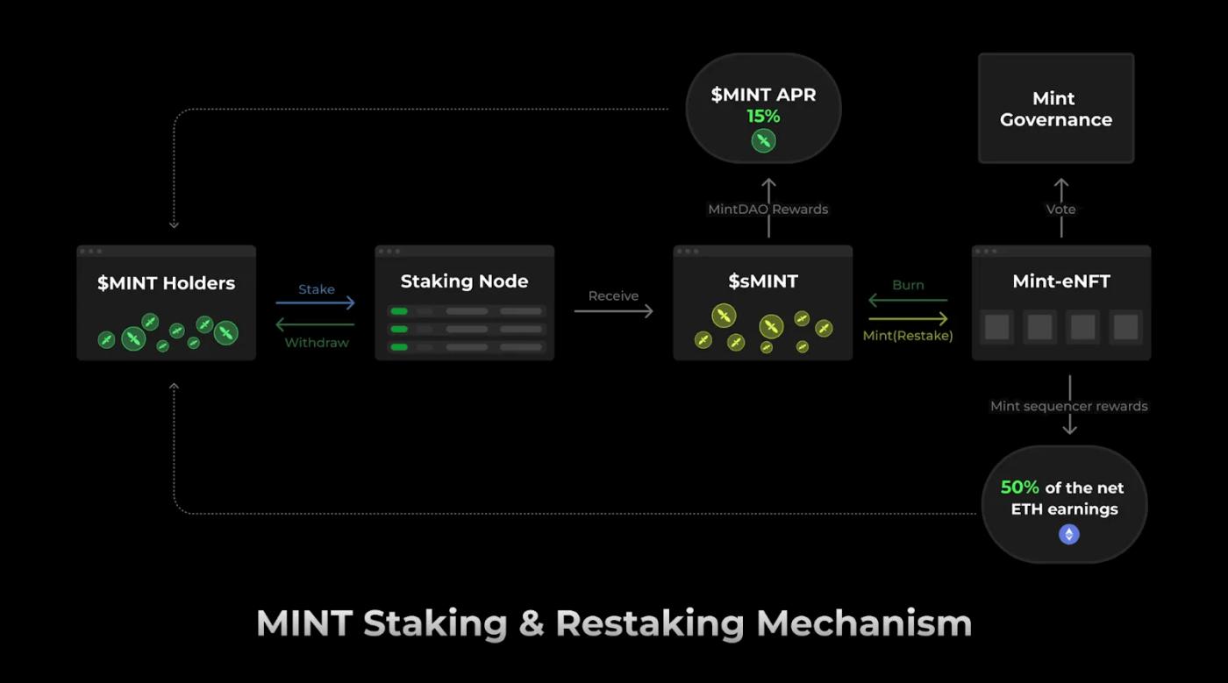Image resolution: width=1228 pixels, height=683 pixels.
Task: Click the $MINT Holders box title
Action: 166,283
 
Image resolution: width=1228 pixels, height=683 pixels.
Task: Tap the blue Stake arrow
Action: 315,302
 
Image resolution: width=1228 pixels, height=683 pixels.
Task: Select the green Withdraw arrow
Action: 315,324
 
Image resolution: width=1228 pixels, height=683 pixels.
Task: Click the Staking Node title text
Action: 464,281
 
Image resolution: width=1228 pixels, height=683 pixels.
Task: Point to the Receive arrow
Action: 613,310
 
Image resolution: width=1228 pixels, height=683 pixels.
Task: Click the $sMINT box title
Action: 763,281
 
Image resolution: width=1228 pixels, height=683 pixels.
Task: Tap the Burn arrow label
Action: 908,285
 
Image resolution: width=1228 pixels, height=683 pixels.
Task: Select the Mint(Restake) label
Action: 908,335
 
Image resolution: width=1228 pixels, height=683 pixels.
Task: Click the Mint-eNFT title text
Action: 1061,281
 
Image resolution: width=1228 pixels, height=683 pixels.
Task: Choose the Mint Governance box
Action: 1056,109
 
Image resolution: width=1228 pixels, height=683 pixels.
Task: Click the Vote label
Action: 1060,210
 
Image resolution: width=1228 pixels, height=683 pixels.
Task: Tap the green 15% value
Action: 763,117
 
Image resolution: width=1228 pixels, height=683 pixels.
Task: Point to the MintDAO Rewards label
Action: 767,210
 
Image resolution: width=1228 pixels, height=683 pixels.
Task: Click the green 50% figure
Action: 1020,487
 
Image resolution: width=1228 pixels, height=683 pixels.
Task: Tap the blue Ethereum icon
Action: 1068,534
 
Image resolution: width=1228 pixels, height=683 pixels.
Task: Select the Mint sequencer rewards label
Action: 1068,406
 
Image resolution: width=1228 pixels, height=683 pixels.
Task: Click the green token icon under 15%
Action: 763,140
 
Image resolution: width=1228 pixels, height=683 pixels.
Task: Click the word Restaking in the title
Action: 649,623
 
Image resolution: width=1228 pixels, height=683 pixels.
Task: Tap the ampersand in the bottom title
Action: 531,623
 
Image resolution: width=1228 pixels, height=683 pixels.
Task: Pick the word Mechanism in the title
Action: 864,623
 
